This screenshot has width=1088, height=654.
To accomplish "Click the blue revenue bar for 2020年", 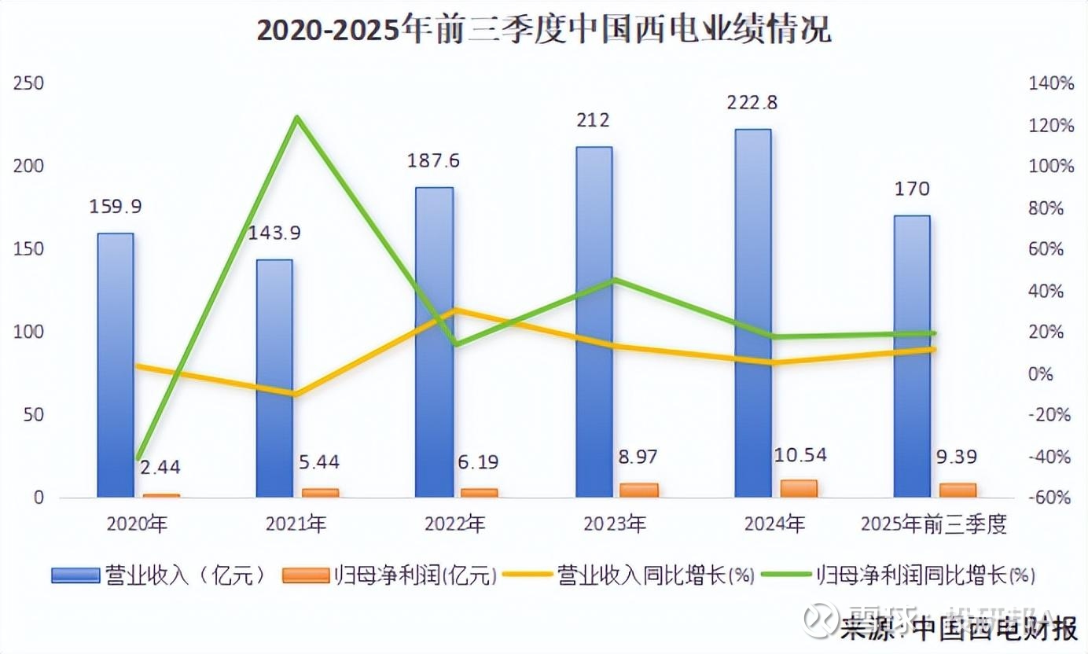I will tap(116, 365).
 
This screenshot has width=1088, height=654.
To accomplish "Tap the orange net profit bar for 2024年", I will tap(798, 488).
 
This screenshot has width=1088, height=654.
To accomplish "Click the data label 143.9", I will tap(275, 233).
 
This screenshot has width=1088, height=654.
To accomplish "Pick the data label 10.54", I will tap(799, 455).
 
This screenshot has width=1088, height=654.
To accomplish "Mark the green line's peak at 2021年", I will tap(296, 119).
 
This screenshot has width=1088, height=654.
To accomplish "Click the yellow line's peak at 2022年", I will tap(455, 310).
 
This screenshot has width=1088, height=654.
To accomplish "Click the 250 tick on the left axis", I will tap(28, 83).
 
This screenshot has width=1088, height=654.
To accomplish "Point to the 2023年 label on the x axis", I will tap(615, 524).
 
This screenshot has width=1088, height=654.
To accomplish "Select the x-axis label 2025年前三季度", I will tap(933, 524).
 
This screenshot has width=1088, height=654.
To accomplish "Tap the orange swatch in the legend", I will tap(305, 575).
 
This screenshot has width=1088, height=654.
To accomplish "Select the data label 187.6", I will tap(433, 161).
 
